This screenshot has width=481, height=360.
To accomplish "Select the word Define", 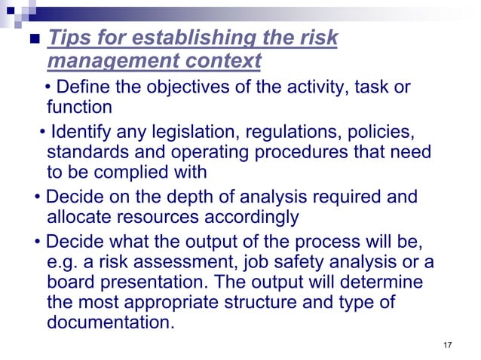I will (84, 87).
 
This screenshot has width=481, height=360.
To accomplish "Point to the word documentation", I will (110, 324).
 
